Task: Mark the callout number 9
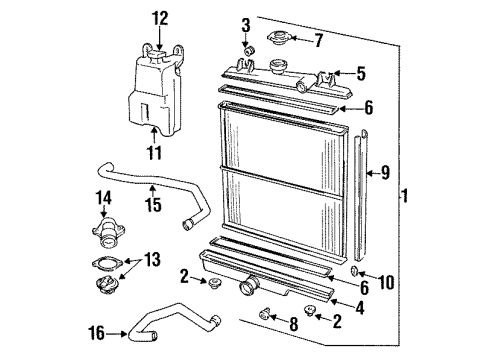386,171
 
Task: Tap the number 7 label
318,41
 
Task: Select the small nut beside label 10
356,271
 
